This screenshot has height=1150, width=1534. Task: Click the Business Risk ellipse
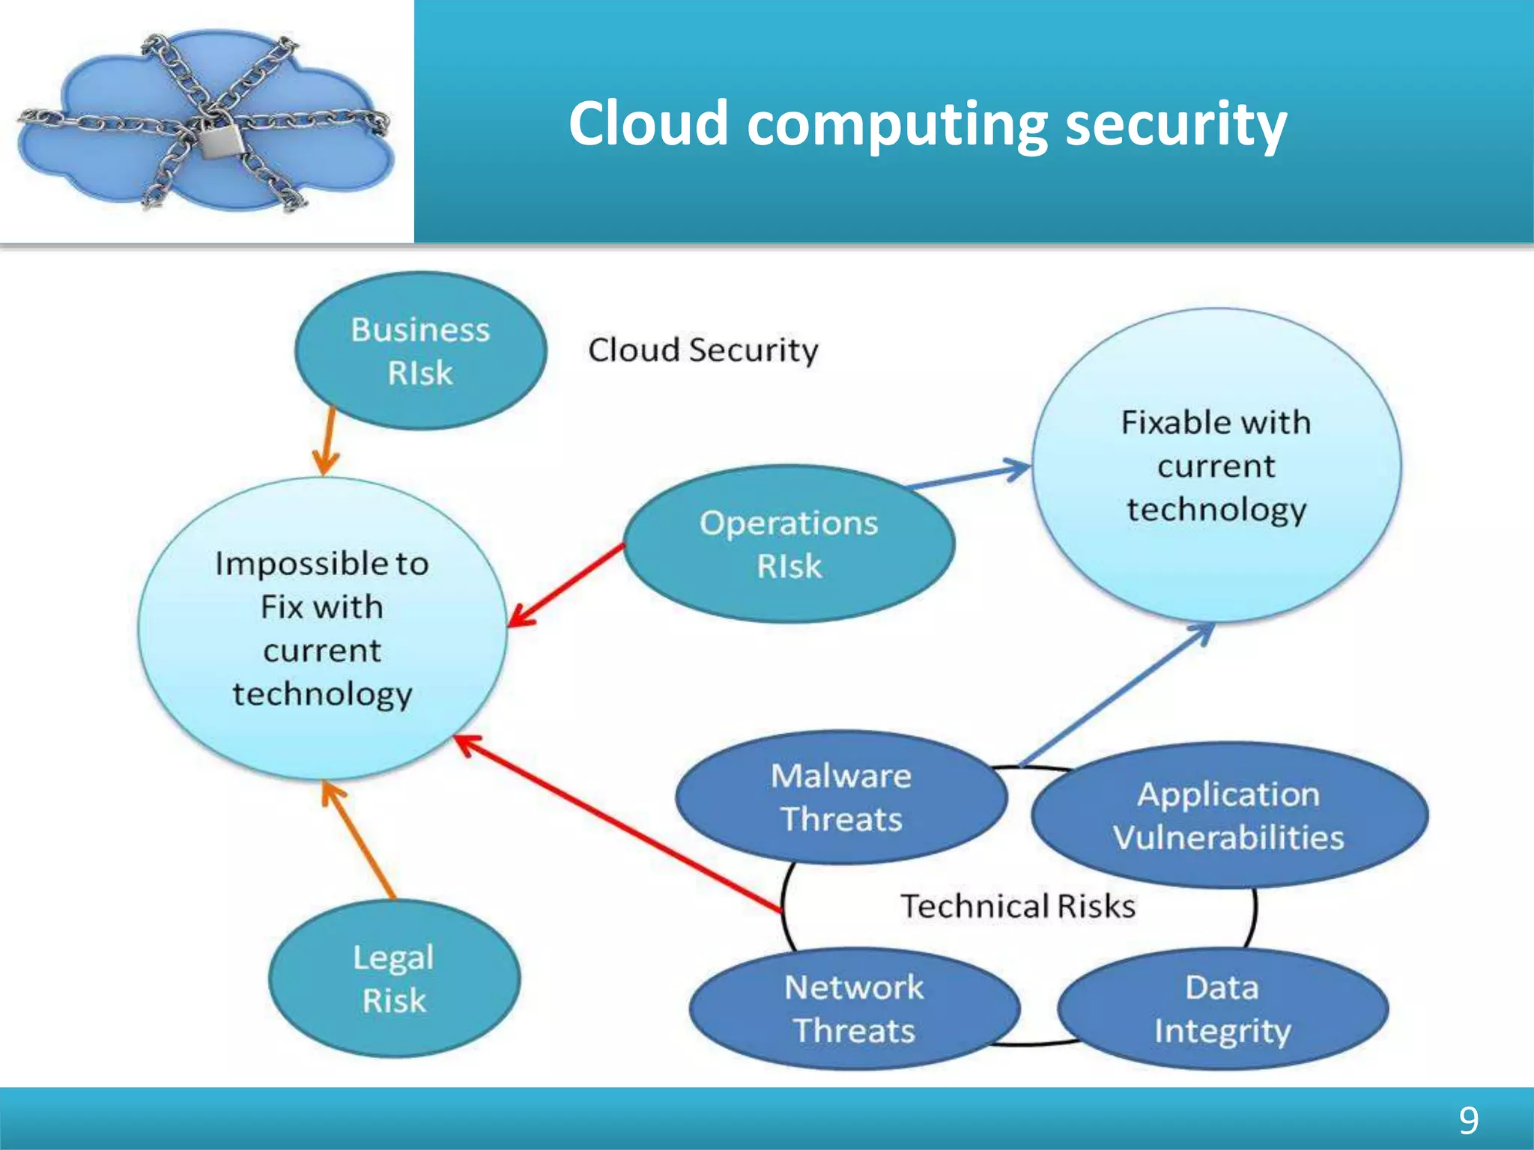[x=420, y=350]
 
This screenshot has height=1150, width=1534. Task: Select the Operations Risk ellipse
[x=789, y=544]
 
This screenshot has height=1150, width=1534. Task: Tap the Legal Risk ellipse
[x=394, y=979]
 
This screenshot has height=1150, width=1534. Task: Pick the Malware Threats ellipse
[x=840, y=797]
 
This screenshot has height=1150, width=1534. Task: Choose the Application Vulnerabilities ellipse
[x=1228, y=815]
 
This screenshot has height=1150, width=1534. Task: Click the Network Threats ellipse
[x=854, y=1008]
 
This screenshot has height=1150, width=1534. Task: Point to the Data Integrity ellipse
[x=1222, y=1008]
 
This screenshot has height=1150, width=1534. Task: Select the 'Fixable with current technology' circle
[x=1216, y=466]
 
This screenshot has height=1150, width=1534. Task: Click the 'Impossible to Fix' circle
[x=322, y=629]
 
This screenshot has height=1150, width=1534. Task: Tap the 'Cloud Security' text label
[x=703, y=350]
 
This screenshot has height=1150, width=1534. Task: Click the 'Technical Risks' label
[x=1017, y=906]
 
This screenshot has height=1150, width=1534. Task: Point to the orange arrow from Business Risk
[x=327, y=442]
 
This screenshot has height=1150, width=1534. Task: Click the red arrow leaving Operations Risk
[x=566, y=585]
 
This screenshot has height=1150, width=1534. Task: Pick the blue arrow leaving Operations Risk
[x=970, y=475]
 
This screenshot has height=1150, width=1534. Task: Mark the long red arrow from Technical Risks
[x=618, y=824]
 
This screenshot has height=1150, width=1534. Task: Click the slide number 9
[x=1469, y=1120]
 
